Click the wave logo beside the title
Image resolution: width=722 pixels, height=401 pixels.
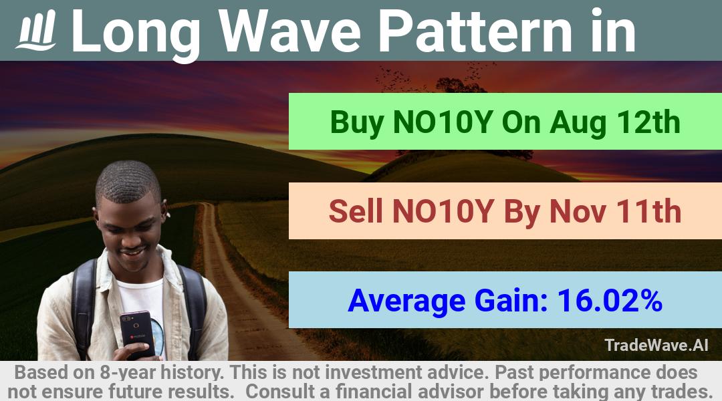(x=36, y=30)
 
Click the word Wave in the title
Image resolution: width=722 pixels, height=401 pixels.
(x=289, y=31)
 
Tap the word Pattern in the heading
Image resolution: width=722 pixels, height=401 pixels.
(x=475, y=31)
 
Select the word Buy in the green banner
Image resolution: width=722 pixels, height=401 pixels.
(x=357, y=123)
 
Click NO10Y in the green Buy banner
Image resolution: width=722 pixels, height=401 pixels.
(x=443, y=122)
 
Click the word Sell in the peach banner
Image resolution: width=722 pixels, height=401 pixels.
(x=356, y=211)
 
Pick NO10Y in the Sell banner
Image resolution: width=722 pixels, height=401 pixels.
(x=443, y=211)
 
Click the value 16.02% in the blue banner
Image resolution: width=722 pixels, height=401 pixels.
(x=610, y=300)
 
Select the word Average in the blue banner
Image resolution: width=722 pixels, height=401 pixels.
(x=406, y=301)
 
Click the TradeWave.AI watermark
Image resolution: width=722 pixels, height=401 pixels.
(x=656, y=345)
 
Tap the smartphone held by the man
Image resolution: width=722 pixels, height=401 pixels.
(x=137, y=334)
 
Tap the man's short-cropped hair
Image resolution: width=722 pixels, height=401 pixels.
(x=128, y=180)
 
